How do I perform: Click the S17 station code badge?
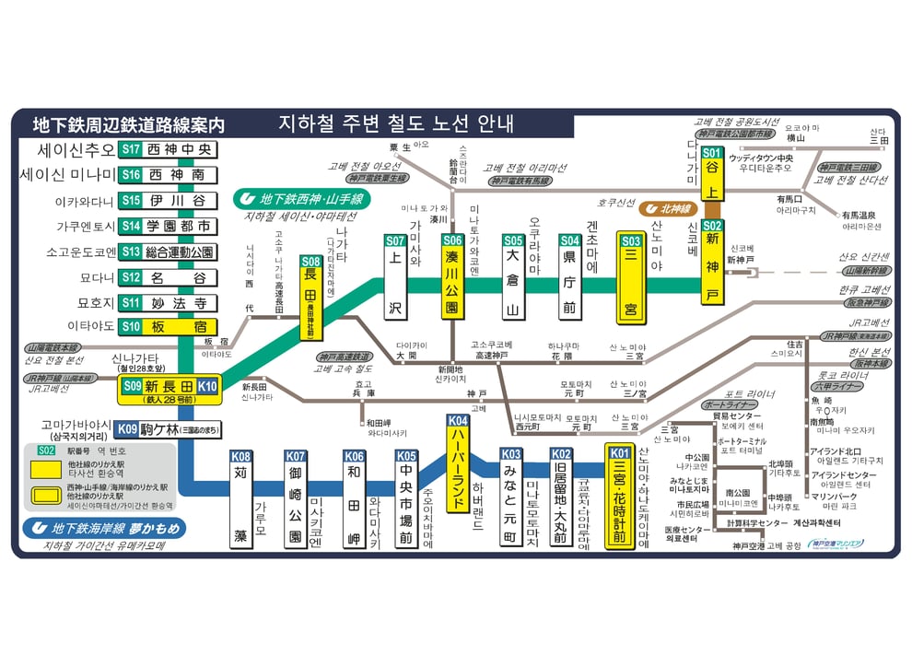[131, 149]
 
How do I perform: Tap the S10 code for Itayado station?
[131, 326]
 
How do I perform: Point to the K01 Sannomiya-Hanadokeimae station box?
[619, 497]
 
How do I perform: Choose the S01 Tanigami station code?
[711, 152]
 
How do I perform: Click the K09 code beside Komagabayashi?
[127, 428]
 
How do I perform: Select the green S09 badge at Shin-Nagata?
[133, 387]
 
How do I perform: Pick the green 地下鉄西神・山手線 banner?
[301, 198]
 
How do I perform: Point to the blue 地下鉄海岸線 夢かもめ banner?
[104, 529]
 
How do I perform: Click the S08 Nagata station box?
[311, 298]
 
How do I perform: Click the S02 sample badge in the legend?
[48, 451]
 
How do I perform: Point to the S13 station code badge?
[131, 252]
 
